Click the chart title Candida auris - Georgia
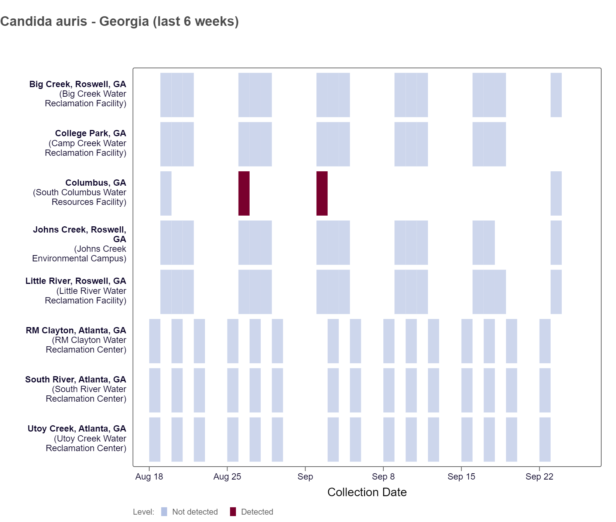[x=119, y=21]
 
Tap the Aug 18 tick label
[x=149, y=477]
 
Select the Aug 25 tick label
[x=227, y=477]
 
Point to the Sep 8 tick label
[x=383, y=477]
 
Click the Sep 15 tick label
[x=461, y=477]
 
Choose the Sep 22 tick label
[x=539, y=477]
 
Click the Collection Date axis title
[x=367, y=492]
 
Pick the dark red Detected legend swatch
[x=233, y=512]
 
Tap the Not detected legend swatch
[x=164, y=512]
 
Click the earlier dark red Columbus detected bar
[x=244, y=193]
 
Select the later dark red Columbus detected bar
[x=322, y=193]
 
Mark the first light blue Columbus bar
[x=166, y=193]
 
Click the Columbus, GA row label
[x=95, y=183]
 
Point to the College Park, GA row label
[x=90, y=133]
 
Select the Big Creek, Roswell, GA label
[x=78, y=84]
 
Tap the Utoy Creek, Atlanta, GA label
[x=77, y=429]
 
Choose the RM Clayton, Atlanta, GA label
[x=76, y=330]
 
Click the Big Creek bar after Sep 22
[x=556, y=95]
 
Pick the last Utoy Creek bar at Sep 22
[x=545, y=439]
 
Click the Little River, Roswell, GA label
[x=76, y=281]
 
